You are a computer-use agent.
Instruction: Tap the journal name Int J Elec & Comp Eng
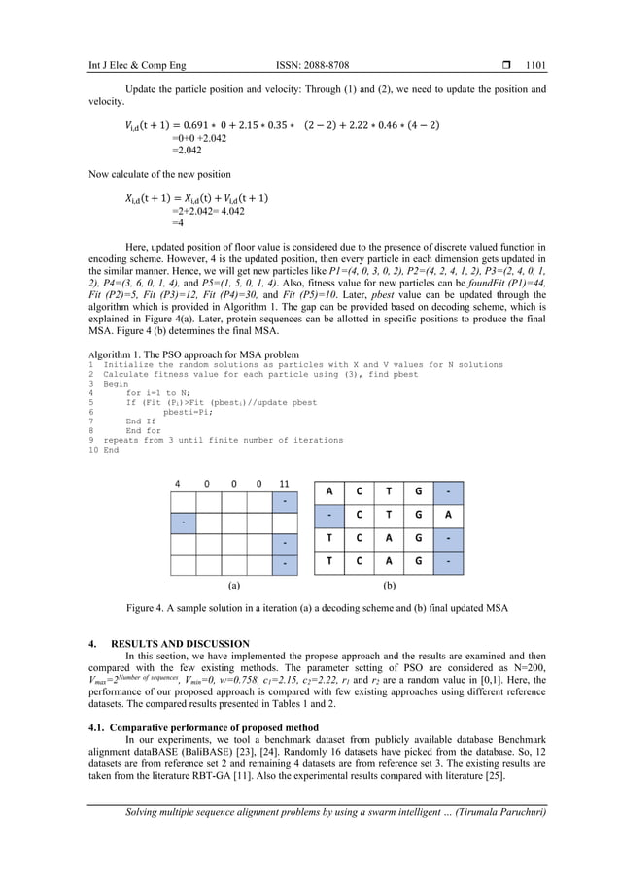125,66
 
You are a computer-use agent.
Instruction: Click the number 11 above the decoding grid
284,483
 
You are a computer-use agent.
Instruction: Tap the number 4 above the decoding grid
177,483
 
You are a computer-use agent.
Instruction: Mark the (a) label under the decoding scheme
233,587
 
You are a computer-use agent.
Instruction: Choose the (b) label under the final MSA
389,587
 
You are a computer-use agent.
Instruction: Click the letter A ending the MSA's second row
447,516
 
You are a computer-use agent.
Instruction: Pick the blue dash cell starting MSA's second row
330,516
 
